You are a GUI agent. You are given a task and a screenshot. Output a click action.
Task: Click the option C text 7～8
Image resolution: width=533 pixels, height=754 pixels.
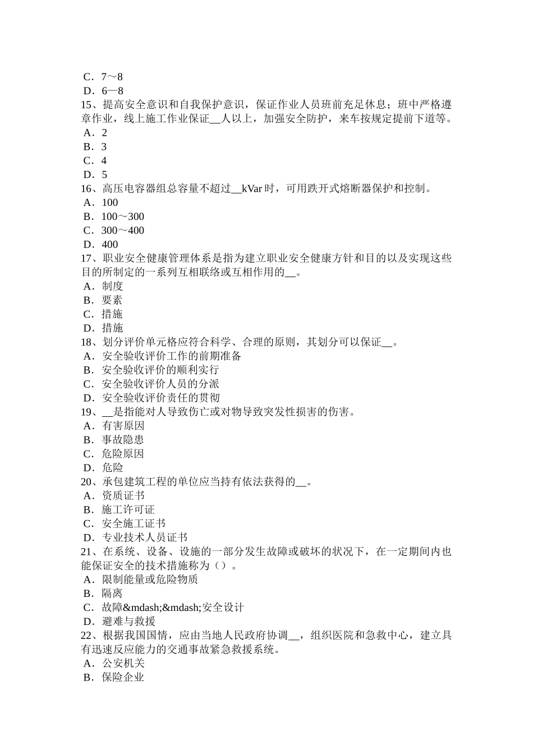[x=112, y=77]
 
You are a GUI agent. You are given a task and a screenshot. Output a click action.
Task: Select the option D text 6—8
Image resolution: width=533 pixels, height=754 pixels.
[x=112, y=91]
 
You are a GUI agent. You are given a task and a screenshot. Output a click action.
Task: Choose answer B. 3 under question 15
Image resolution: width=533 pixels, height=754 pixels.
[x=104, y=146]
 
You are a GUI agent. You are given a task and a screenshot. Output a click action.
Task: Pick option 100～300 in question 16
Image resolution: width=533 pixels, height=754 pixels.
[x=122, y=217]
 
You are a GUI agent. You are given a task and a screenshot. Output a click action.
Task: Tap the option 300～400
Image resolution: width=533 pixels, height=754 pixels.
[x=122, y=231]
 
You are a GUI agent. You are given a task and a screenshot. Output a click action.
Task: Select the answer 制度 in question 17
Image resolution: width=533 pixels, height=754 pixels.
[x=112, y=286]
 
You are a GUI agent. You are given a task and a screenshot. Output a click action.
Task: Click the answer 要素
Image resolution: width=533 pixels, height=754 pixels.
[x=112, y=300]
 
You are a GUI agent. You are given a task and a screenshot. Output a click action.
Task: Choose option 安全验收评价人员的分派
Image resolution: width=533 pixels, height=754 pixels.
[x=160, y=384]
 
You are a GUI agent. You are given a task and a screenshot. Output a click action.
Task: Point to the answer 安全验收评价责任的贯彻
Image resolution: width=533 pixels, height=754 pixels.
[x=160, y=398]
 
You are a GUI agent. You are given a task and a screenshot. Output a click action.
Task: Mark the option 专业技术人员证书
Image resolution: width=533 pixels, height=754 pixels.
[x=144, y=537]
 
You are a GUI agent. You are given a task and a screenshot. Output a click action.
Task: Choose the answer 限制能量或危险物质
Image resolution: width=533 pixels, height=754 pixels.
[x=150, y=579]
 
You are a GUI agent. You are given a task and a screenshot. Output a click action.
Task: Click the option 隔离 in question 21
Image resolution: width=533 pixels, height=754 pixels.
[x=112, y=593]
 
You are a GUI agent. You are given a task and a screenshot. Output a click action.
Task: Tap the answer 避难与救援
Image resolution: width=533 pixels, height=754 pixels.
[x=128, y=621]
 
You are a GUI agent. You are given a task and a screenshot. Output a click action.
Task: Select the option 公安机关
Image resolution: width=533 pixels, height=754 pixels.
[x=123, y=663]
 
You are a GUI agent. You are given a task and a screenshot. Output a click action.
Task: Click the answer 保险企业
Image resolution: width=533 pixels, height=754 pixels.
[x=123, y=677]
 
